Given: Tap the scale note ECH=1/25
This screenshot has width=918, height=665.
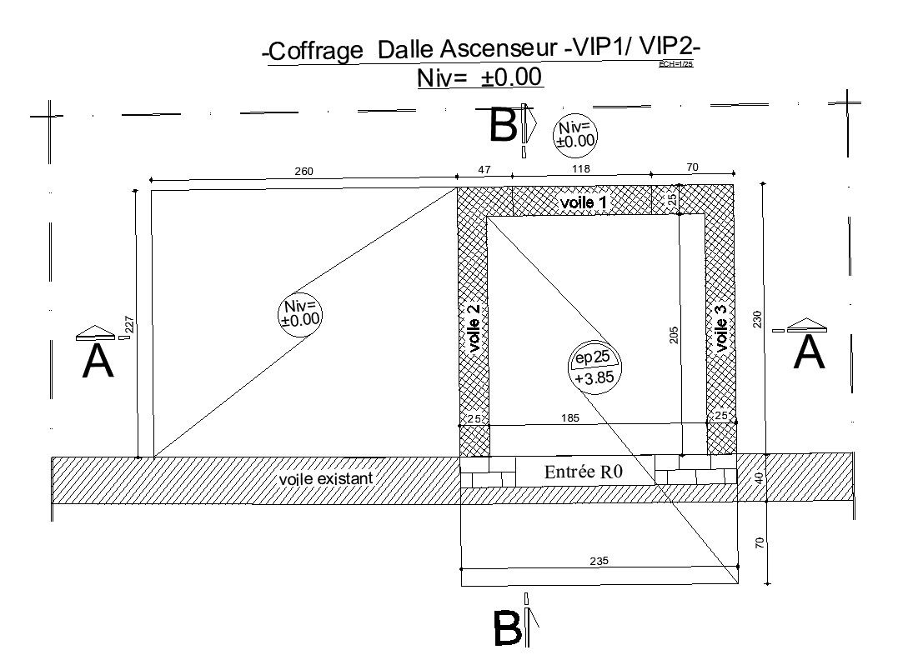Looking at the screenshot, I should (676, 64).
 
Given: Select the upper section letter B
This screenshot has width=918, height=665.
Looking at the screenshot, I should (504, 127).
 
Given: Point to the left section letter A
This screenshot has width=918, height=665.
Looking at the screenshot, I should (98, 361).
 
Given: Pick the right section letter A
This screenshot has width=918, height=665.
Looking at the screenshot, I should (810, 352).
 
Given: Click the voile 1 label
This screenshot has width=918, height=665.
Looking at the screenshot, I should (584, 202).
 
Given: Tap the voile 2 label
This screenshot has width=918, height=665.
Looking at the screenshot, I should (474, 332).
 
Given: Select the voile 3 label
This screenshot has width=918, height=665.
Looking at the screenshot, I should (722, 327).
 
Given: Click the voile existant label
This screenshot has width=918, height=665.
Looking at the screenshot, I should (325, 479).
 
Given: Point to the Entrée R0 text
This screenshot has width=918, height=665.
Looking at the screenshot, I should (584, 472).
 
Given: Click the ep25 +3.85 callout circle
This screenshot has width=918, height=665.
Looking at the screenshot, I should (593, 367).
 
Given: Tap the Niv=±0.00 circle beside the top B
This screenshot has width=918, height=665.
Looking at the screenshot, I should (575, 134).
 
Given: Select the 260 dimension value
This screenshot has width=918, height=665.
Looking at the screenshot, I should (303, 172).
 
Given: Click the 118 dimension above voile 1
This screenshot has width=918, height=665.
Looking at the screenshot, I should (580, 169).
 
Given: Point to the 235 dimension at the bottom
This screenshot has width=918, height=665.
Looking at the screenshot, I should (599, 562).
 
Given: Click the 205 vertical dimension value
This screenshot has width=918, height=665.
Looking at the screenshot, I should (674, 334).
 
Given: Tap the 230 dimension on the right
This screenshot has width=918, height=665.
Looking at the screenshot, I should (757, 319).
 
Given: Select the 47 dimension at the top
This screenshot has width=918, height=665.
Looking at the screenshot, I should (484, 169).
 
